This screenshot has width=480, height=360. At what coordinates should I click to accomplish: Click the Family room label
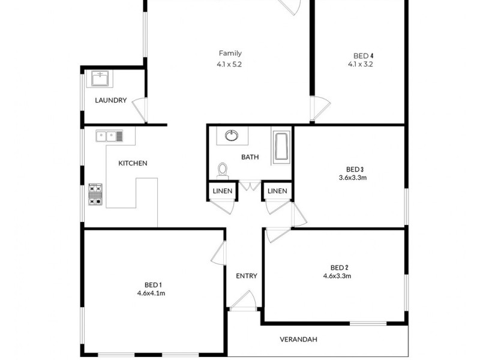229,53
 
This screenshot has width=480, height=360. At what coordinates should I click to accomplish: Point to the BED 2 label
340,268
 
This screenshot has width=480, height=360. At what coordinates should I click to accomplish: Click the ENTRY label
246,276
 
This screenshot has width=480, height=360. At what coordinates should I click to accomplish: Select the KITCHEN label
133,163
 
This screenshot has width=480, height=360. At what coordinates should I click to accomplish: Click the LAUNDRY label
111,100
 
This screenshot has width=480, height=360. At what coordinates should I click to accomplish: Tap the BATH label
250,157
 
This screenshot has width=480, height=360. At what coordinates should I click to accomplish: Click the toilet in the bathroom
223,170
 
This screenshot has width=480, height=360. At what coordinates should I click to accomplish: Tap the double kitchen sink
109,136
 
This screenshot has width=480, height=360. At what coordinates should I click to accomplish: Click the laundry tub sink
100,79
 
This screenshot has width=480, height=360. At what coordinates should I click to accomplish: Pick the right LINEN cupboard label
277,191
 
